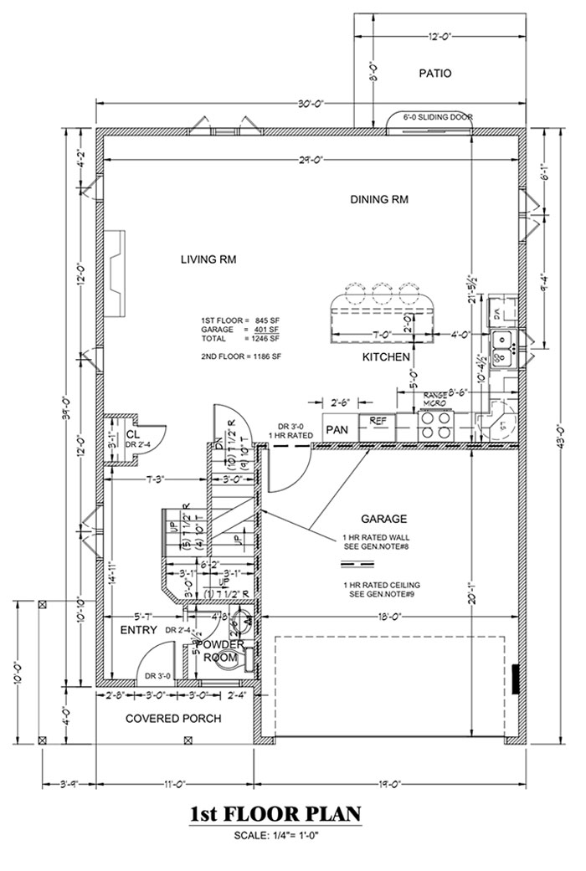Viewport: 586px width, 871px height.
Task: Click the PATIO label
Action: [x=434, y=74]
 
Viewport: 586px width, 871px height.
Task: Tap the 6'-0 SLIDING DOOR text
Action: [x=433, y=117]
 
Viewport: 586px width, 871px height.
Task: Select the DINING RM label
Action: [x=379, y=199]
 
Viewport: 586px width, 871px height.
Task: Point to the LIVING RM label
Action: [x=208, y=259]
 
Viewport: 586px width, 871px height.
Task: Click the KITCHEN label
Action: [x=386, y=357]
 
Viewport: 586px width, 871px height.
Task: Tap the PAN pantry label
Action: [x=337, y=429]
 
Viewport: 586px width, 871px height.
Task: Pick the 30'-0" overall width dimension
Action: [x=311, y=103]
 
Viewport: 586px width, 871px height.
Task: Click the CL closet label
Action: [x=132, y=435]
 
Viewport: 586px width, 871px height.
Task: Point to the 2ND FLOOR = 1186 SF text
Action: [x=241, y=356]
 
